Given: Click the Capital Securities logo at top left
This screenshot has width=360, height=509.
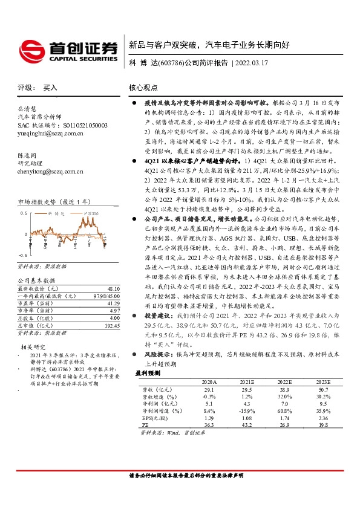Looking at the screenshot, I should click(67, 49).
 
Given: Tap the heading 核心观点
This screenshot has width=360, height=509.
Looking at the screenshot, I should click(142, 88).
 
